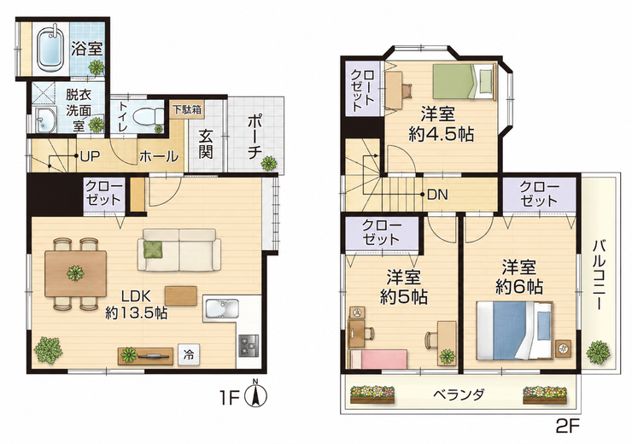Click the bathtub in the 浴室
(50, 49)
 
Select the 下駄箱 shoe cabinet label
(188, 109)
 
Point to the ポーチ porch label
(255, 136)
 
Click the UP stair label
(90, 156)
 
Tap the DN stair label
(437, 195)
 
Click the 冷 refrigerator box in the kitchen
(188, 355)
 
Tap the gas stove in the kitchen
(249, 346)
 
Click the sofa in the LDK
(179, 250)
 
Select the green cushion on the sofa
(154, 250)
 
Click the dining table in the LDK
(76, 273)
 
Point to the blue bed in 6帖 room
(514, 330)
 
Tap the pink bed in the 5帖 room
(378, 359)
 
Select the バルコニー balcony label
(600, 275)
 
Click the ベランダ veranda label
(459, 394)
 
